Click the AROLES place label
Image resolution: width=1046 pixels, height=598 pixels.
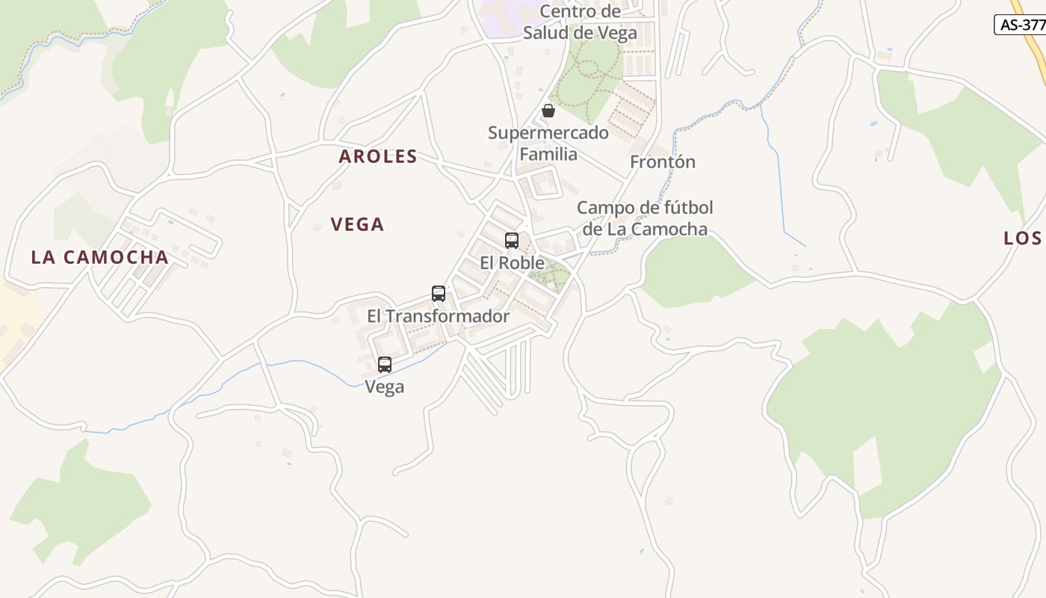(x=377, y=156)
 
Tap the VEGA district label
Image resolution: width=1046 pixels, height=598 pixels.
(x=357, y=224)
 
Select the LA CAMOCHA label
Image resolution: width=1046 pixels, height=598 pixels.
(x=99, y=257)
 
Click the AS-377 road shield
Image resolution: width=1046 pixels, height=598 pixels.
(x=1021, y=24)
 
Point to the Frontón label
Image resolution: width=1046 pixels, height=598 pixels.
(x=662, y=161)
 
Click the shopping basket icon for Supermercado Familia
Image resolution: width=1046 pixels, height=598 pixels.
(x=548, y=111)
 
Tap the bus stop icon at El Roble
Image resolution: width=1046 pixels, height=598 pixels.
(x=512, y=241)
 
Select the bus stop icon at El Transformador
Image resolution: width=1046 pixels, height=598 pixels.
(x=439, y=294)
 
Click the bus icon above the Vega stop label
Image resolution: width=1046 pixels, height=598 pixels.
(x=385, y=365)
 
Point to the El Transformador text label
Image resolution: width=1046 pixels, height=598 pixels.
(x=438, y=316)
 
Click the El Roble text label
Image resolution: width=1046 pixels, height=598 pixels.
(x=512, y=263)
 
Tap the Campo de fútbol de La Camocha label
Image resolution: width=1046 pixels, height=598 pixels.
(x=645, y=218)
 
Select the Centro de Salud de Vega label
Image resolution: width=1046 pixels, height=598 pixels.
(x=580, y=22)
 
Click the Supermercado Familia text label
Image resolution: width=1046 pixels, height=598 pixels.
(x=548, y=144)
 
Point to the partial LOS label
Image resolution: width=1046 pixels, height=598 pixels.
(x=1022, y=238)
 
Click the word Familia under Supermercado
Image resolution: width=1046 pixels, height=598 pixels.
(x=548, y=154)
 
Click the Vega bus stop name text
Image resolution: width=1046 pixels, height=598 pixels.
(x=385, y=386)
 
